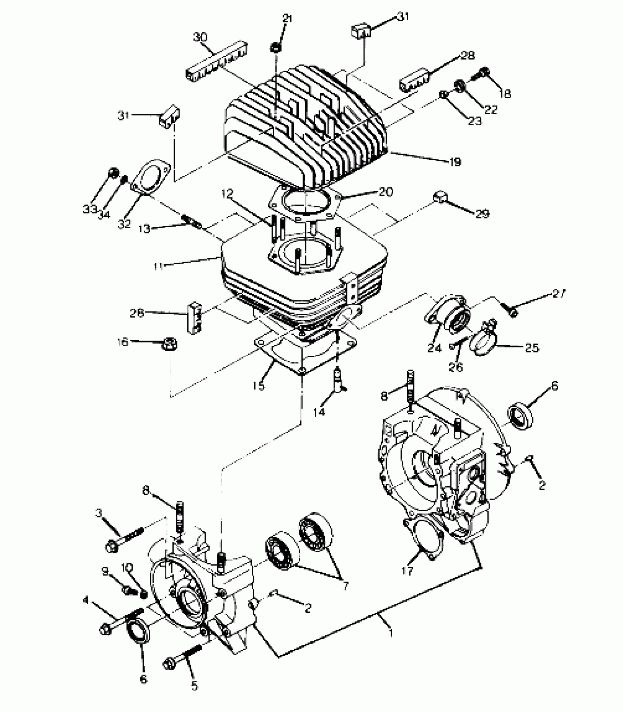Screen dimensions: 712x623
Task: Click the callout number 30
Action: click(x=200, y=38)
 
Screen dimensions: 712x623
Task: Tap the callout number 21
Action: click(x=287, y=19)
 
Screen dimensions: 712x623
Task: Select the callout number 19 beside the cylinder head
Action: click(x=455, y=162)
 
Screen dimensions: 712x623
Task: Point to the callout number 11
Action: click(x=159, y=266)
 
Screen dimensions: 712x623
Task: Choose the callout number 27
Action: click(x=559, y=294)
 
